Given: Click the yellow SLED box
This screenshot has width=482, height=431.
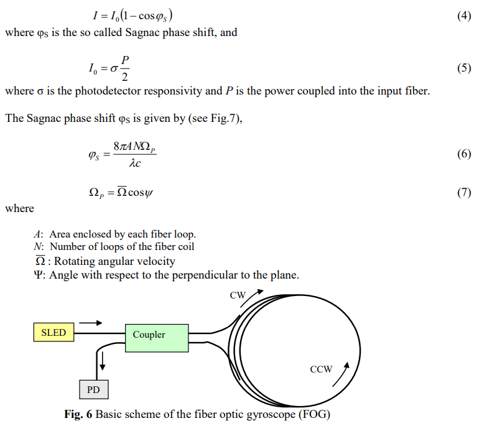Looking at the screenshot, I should [53, 333].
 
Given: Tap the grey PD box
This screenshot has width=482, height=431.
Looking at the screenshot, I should [93, 390].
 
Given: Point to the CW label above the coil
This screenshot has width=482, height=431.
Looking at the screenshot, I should [238, 295].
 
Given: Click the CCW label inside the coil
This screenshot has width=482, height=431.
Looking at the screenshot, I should [321, 369].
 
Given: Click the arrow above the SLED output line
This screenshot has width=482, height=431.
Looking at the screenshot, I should [90, 323].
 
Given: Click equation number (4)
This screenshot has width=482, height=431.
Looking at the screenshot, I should [463, 16].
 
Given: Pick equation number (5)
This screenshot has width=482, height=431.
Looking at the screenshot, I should [463, 68].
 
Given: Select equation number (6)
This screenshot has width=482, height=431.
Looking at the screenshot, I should [463, 154].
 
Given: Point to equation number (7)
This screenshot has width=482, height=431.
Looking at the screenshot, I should [463, 192].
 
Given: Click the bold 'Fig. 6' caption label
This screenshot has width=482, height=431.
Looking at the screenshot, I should [78, 414].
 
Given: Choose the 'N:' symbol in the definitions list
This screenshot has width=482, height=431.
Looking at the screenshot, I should [38, 246].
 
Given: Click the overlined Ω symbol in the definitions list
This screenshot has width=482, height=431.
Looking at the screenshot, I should [39, 261].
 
